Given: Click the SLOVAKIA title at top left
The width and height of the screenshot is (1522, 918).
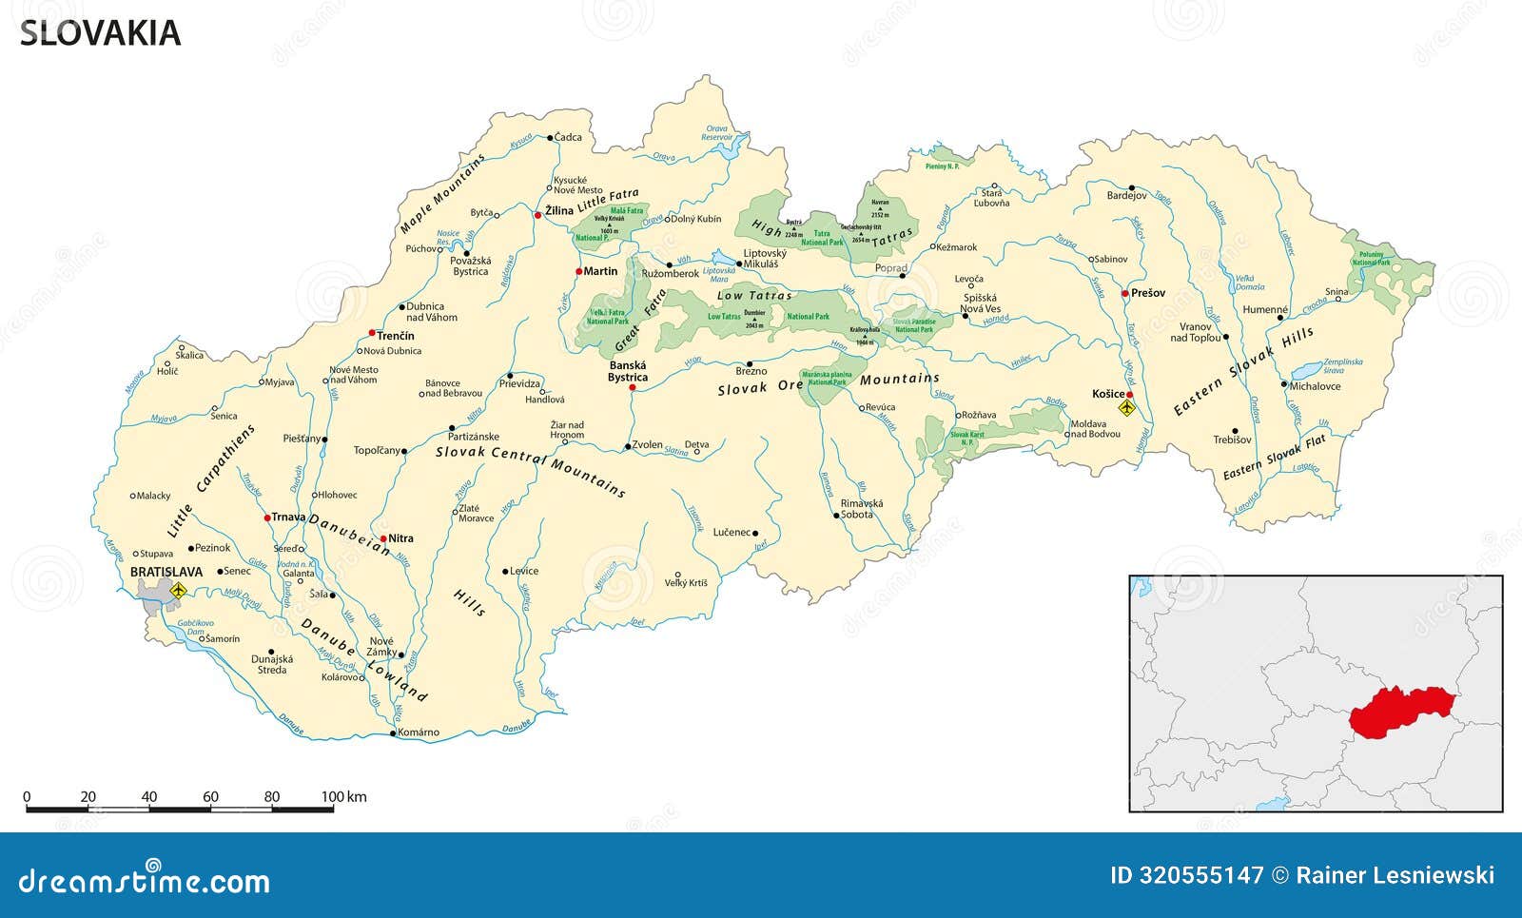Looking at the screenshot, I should pyautogui.click(x=100, y=33).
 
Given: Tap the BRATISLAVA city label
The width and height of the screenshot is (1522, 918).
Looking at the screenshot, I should pyautogui.click(x=166, y=572).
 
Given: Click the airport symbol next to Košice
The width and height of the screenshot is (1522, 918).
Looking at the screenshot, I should pyautogui.click(x=1128, y=408).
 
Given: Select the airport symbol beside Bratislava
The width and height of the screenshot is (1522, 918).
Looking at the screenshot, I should pyautogui.click(x=177, y=591).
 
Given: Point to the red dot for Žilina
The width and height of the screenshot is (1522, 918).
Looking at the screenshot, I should pyautogui.click(x=537, y=216).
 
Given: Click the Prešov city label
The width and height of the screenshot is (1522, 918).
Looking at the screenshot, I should pyautogui.click(x=1148, y=293).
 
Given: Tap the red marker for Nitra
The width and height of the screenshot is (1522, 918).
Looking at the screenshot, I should pyautogui.click(x=383, y=539).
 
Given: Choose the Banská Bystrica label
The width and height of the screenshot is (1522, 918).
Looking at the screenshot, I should pyautogui.click(x=628, y=371).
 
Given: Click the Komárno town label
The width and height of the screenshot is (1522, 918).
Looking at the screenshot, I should pyautogui.click(x=419, y=732).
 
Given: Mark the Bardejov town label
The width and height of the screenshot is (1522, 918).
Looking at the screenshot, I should pyautogui.click(x=1126, y=196).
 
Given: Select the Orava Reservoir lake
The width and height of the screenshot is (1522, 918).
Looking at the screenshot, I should pyautogui.click(x=731, y=146).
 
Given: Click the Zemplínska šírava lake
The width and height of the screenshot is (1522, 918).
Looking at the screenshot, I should pyautogui.click(x=1308, y=369).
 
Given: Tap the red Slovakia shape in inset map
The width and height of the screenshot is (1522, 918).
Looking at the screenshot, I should pyautogui.click(x=1398, y=713).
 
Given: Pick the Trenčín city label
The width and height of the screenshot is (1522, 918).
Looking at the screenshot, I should pyautogui.click(x=396, y=336).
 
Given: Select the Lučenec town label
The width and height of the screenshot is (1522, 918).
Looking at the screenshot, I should pyautogui.click(x=732, y=533).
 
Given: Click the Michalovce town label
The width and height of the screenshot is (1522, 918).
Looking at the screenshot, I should pyautogui.click(x=1315, y=386).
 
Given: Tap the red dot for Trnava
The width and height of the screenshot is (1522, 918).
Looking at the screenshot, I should pyautogui.click(x=267, y=518).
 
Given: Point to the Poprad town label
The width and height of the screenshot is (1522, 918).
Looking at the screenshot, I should pyautogui.click(x=891, y=269).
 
